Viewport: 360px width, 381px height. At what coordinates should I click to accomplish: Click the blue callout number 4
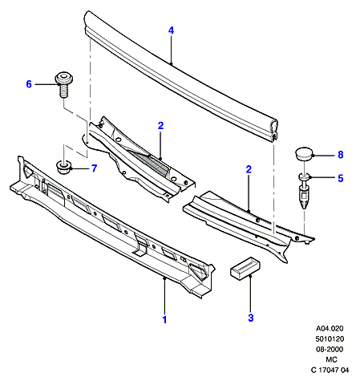click(171, 30)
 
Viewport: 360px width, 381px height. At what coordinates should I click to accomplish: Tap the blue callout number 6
click(29, 84)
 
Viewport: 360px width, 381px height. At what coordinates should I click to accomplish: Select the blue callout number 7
click(94, 168)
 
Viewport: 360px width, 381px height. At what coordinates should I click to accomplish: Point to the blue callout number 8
click(340, 155)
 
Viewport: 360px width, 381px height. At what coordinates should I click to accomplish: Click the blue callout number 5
click(340, 178)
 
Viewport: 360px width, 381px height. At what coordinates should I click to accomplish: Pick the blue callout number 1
click(164, 319)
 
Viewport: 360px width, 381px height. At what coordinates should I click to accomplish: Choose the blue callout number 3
click(250, 318)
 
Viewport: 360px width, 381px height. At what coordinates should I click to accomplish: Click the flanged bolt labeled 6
click(63, 83)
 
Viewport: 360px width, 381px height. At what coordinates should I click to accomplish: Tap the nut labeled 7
click(63, 168)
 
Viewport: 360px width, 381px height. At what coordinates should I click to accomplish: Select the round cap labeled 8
click(305, 153)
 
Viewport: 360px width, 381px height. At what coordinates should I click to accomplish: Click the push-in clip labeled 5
click(304, 191)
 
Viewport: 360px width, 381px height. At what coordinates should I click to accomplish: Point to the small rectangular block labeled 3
click(245, 268)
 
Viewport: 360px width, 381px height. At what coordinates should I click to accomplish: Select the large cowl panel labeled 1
click(112, 227)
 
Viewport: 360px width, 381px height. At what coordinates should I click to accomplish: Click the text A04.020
click(330, 328)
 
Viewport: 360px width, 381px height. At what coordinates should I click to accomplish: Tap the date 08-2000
click(330, 349)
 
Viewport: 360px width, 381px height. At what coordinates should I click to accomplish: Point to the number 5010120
click(330, 338)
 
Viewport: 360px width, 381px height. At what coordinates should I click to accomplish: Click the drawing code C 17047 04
click(330, 370)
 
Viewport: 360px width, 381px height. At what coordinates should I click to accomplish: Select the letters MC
click(331, 359)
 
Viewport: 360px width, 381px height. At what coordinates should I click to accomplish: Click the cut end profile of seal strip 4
click(274, 131)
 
